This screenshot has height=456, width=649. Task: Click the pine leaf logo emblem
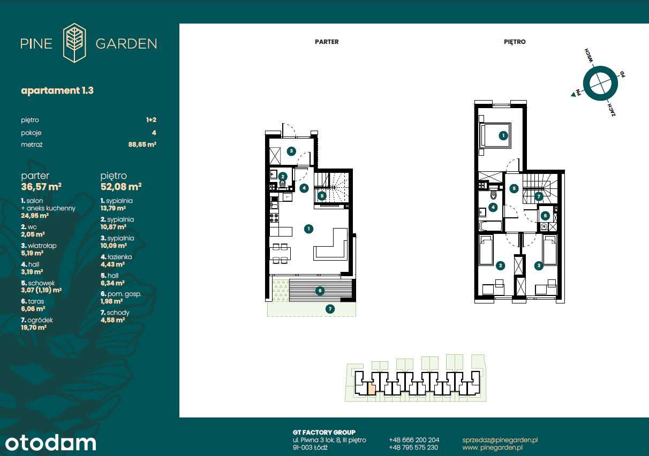(x=74, y=43)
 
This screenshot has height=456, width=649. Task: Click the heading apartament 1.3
(x=57, y=90)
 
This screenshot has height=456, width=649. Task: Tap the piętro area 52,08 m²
(x=121, y=187)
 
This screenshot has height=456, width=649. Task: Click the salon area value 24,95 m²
(x=35, y=216)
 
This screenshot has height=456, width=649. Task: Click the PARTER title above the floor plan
(x=327, y=42)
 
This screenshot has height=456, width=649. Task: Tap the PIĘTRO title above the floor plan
(x=515, y=42)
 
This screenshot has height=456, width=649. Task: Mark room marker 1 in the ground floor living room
(x=308, y=229)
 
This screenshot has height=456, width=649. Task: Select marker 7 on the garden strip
(x=330, y=309)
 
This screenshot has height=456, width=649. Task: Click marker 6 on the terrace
(x=320, y=291)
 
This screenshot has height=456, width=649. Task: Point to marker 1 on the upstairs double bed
(x=503, y=136)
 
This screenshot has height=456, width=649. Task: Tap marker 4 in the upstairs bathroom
(x=493, y=207)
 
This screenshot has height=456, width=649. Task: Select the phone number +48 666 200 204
(x=414, y=439)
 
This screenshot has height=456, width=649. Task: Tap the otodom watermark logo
(x=51, y=443)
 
